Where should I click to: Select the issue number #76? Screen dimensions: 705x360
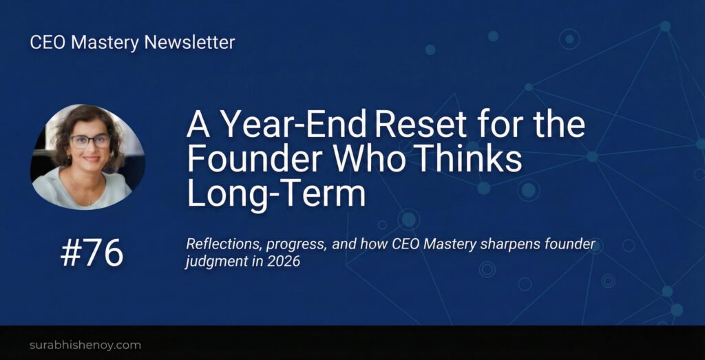(x=92, y=253)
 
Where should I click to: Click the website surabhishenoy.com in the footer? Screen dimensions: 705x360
(x=85, y=345)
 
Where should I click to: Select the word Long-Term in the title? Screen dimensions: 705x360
(x=276, y=193)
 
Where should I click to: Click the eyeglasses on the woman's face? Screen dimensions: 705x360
(x=90, y=142)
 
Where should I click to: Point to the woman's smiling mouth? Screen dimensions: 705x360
(x=92, y=158)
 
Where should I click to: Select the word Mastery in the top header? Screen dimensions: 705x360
(x=106, y=43)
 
